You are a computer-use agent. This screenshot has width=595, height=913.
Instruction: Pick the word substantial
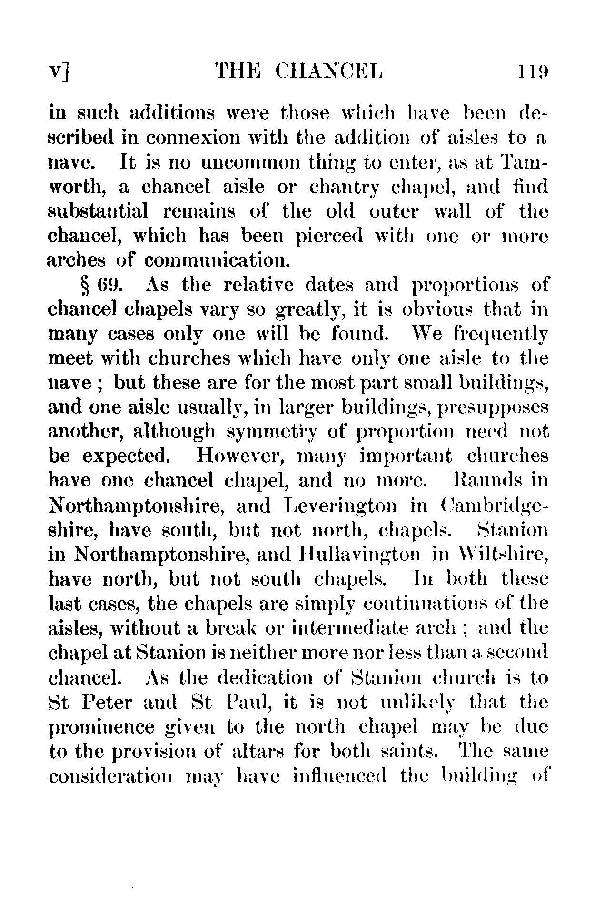pyautogui.click(x=99, y=211)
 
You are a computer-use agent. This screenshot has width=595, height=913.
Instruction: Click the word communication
pyautogui.click(x=216, y=260)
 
